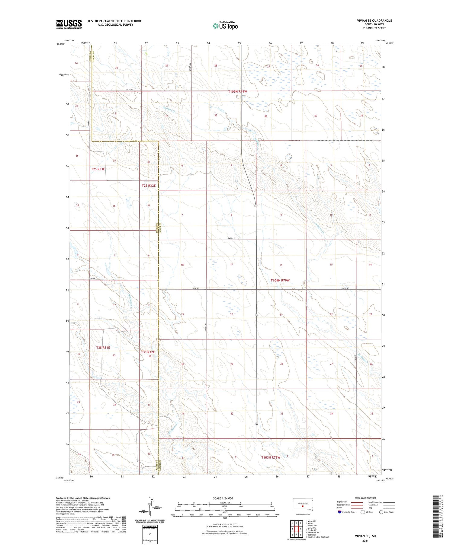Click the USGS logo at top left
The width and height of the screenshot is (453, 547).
click(69, 24)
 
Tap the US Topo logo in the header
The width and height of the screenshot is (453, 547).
click(225, 26)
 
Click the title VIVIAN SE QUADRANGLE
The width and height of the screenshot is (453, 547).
click(374, 21)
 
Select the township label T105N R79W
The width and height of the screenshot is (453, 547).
click(239, 91)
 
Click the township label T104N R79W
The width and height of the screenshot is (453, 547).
click(280, 280)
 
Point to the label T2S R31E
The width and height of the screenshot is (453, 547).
click(98, 169)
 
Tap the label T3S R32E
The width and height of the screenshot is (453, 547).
click(148, 352)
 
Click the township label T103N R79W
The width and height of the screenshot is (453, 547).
click(271, 457)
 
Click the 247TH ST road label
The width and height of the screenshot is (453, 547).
click(232, 238)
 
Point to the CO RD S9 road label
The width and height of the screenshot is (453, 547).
click(92, 278)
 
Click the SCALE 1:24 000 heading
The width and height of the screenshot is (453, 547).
click(223, 498)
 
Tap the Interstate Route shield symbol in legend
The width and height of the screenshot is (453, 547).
click(340, 512)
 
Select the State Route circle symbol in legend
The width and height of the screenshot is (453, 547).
click(381, 512)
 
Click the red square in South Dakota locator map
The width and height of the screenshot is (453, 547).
click(303, 507)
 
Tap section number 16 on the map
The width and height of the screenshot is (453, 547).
click(281, 265)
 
